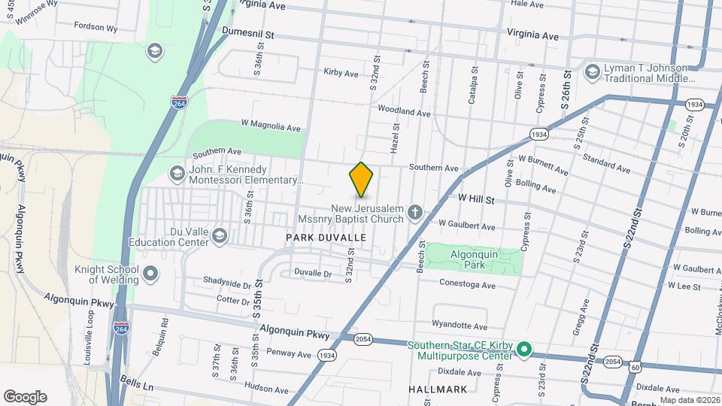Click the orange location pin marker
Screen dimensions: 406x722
click(x=362, y=180)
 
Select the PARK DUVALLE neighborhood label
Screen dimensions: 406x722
click(x=326, y=238)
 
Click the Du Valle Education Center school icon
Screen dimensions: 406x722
click(x=220, y=236)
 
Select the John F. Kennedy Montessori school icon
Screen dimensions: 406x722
click(x=177, y=174)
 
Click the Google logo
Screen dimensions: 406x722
click(x=25, y=397)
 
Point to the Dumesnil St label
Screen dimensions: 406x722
click(x=249, y=34)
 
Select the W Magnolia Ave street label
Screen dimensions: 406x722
click(x=270, y=126)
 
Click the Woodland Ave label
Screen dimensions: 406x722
click(x=404, y=111)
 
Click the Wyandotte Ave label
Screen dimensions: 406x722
click(x=460, y=326)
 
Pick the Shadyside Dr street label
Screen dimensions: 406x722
click(x=226, y=284)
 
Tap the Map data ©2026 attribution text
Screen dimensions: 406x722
click(x=689, y=400)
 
